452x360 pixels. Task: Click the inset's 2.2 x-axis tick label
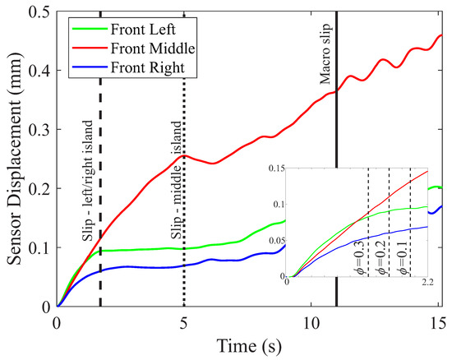click(x=428, y=284)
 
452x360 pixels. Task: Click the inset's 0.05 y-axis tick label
click(x=274, y=239)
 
